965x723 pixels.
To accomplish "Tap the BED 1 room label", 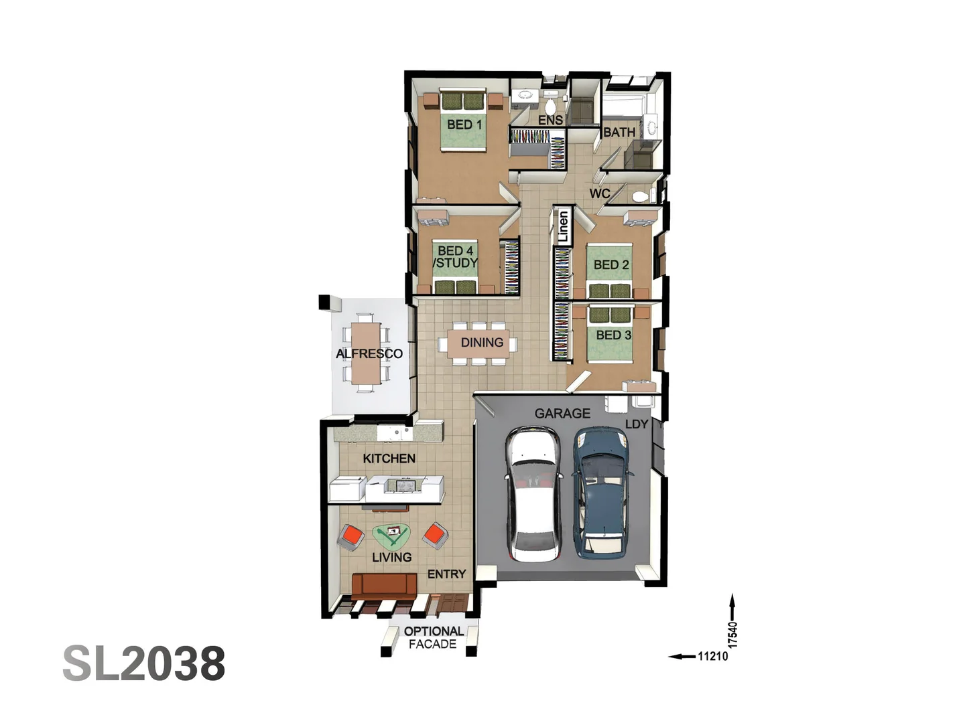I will point(464,125).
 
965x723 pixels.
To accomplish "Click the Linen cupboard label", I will point(563,226).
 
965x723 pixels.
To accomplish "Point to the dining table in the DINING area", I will point(478,343).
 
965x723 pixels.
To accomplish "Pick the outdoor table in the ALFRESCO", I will point(366,353).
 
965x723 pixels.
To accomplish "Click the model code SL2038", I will point(144,663).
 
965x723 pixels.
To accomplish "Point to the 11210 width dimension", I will point(712,656).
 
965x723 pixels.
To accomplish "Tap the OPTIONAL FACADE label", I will point(433,637).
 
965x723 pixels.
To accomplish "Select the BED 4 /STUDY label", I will point(456,257).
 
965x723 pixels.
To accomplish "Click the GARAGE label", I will point(562,414).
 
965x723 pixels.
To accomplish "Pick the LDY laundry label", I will point(637,424).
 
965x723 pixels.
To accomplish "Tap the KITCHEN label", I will point(389,459).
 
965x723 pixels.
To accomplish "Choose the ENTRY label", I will point(446,574).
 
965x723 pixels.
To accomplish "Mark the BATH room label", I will point(619,133).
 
